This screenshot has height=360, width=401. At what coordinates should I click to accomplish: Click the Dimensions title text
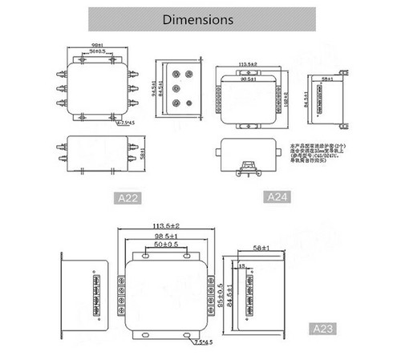[198, 18]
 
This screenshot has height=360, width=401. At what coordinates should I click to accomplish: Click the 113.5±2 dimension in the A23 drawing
[164, 227]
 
